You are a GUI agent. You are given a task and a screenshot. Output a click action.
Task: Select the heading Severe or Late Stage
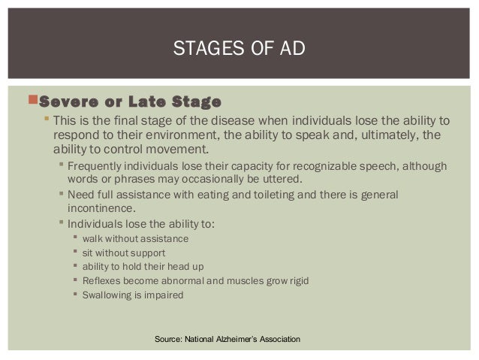click(130, 101)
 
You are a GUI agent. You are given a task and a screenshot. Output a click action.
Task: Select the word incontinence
click(102, 209)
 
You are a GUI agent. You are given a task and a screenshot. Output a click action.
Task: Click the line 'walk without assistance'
click(136, 239)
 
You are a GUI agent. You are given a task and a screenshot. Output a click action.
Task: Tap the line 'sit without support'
click(124, 253)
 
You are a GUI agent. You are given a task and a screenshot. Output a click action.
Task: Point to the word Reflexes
click(103, 281)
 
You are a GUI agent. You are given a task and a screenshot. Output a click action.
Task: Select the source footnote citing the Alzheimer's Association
click(227, 340)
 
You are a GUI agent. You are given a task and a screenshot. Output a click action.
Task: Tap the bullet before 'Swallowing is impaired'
click(75, 295)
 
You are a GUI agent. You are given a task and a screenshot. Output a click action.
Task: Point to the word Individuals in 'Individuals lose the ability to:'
click(95, 224)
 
